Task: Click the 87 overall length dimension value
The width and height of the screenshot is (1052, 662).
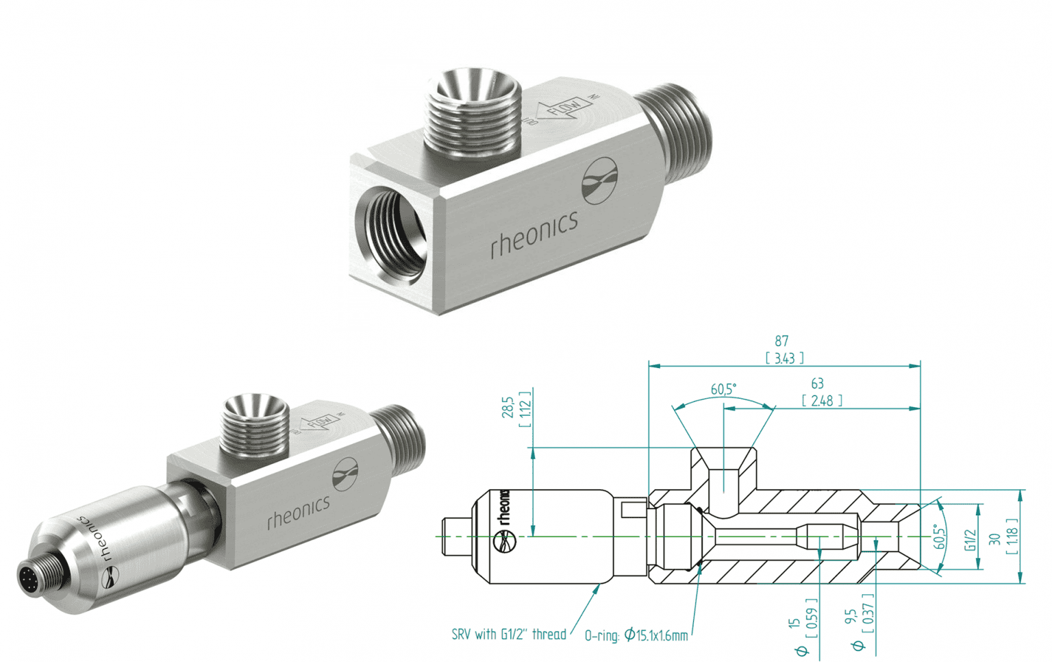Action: pos(781,341)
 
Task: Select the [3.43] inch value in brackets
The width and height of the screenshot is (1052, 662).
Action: pos(784,358)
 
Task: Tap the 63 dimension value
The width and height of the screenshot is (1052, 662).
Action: pos(817,384)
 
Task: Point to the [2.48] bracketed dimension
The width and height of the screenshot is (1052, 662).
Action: pos(822,400)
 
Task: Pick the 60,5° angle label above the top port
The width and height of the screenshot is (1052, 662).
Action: pos(723,389)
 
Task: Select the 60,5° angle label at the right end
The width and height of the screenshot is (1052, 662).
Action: pos(940,537)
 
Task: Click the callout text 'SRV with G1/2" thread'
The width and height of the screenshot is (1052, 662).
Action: pos(509,635)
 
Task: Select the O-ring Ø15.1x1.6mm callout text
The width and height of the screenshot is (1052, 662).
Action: pos(636,635)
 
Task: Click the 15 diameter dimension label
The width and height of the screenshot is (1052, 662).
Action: pos(794,622)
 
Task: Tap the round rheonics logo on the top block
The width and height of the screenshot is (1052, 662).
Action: pos(599,180)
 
